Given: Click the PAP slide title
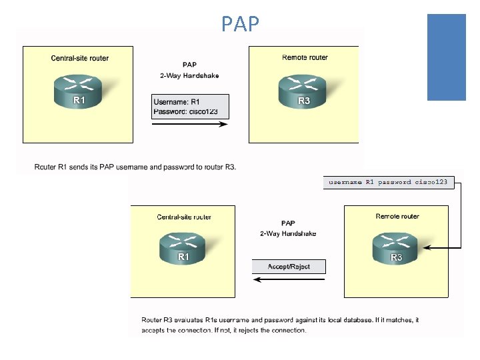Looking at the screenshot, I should (240, 25).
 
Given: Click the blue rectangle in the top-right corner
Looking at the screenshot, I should (446, 57).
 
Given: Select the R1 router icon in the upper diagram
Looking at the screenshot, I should (79, 91).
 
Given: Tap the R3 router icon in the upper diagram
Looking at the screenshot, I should (303, 91).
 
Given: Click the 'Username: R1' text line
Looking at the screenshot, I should (177, 102).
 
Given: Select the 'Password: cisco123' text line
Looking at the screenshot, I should (185, 111).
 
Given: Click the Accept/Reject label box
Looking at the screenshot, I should (289, 267).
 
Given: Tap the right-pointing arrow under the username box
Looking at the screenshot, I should (191, 123).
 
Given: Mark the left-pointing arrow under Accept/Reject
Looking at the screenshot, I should (288, 280).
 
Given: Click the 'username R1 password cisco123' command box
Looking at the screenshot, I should (389, 182).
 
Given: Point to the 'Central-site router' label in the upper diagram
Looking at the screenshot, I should (80, 58).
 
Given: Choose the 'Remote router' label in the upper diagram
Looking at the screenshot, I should (305, 57).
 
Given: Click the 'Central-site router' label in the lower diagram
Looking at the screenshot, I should (184, 217).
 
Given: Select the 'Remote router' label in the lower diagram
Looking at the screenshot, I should (397, 216).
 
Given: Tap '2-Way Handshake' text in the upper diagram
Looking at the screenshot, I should (189, 76).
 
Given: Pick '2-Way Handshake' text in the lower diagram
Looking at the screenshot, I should (288, 233).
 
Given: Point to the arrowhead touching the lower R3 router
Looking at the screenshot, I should (425, 249).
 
